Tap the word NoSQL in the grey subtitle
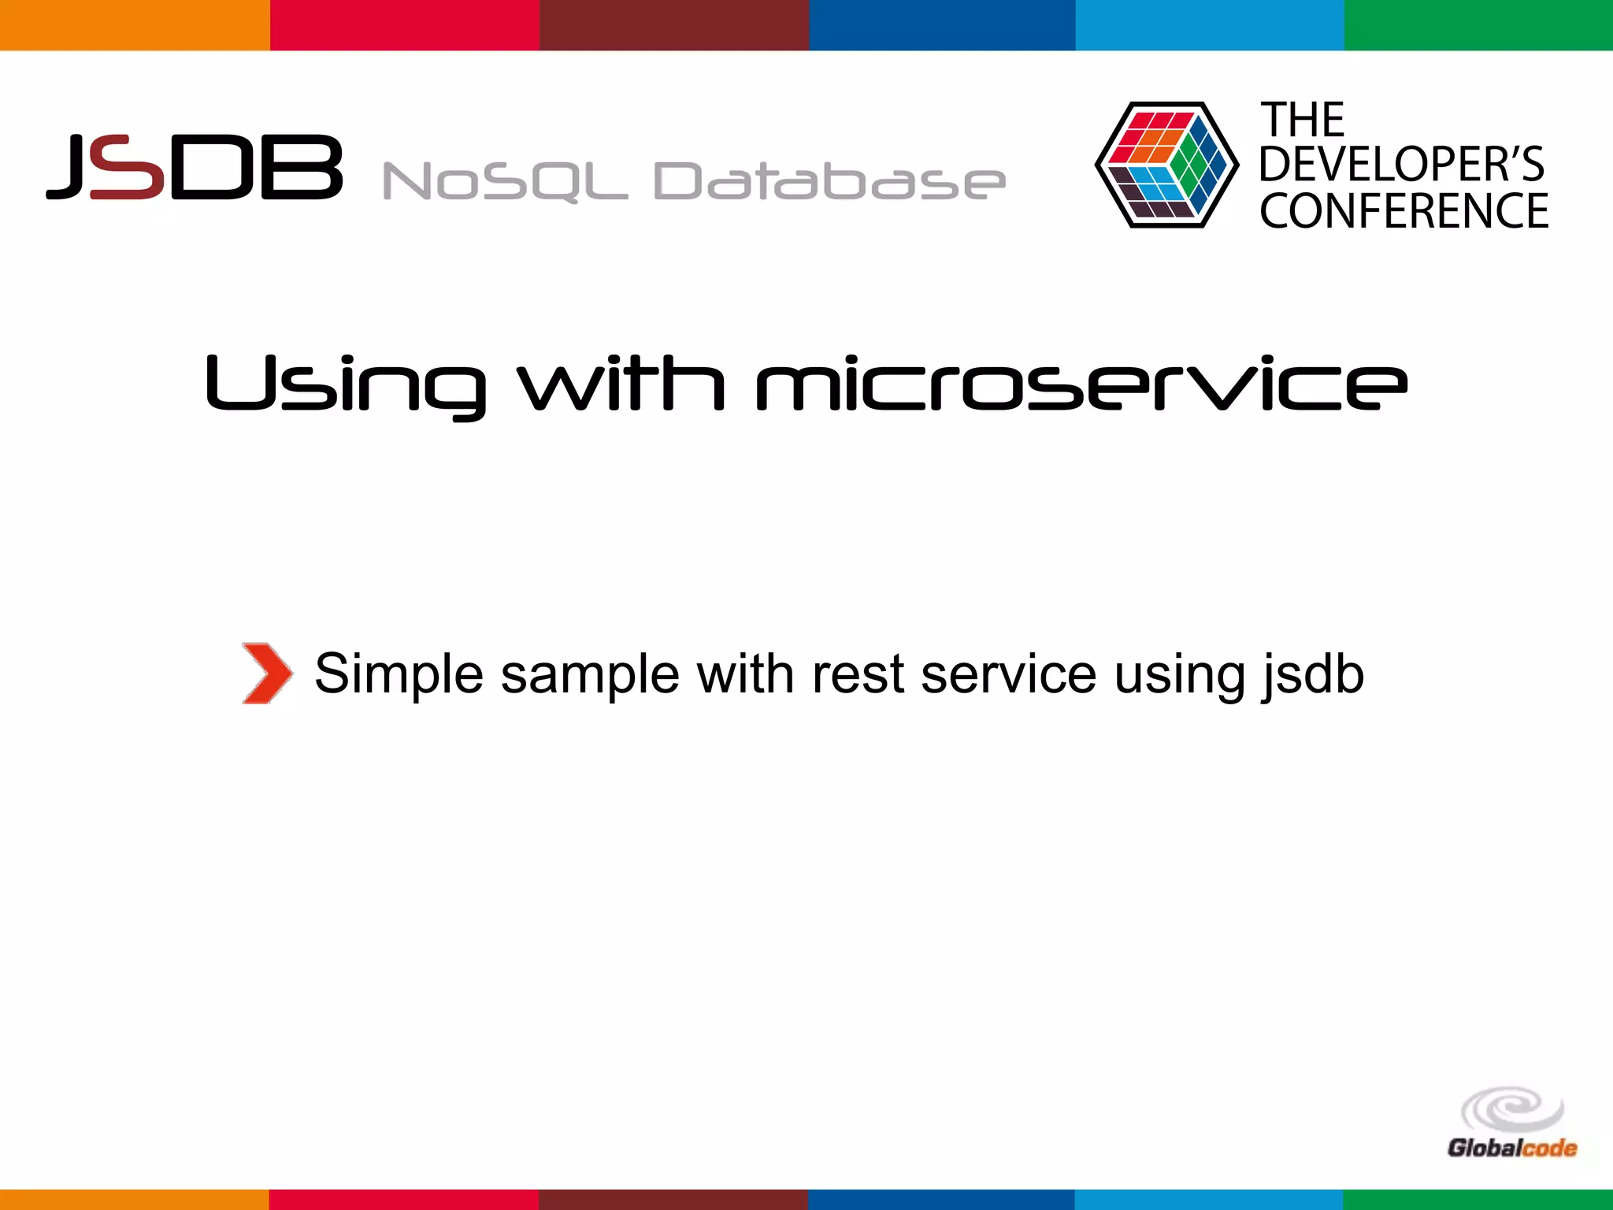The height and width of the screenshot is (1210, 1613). [504, 181]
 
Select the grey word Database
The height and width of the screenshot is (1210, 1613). [829, 181]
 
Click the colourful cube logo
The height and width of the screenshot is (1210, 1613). [1166, 165]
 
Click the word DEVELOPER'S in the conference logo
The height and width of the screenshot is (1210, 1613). [1400, 165]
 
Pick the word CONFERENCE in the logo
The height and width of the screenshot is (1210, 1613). [1403, 211]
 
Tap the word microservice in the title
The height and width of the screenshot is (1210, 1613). [1081, 384]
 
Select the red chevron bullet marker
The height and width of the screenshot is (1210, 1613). [266, 674]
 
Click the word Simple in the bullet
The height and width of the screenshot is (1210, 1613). [399, 674]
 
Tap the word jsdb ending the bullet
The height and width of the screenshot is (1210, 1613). [1313, 674]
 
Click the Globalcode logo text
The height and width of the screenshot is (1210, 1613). [1511, 1149]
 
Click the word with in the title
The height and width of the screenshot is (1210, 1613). [621, 384]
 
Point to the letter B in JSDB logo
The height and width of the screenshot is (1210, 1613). [302, 167]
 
